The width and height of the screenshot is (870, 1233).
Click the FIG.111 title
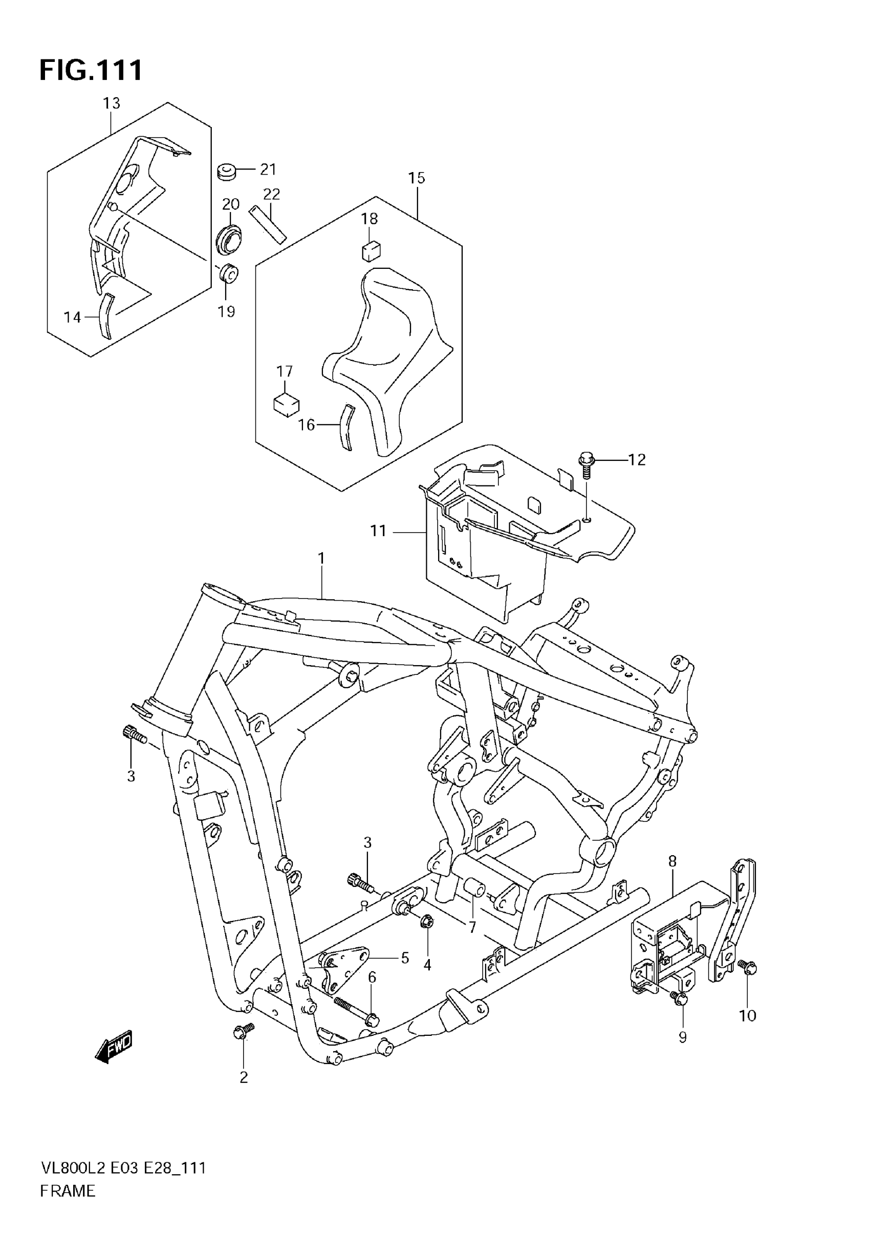coord(91,70)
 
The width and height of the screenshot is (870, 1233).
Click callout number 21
coord(268,169)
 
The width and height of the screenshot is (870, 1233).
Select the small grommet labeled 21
coord(227,173)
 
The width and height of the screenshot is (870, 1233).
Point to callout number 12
coord(637,460)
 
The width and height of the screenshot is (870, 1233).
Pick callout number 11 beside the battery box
coord(378,531)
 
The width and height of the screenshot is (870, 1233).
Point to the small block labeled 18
coord(370,251)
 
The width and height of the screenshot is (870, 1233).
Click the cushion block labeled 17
coord(286,404)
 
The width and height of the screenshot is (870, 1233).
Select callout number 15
coord(417,178)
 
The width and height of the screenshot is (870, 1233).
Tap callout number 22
coord(272,194)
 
